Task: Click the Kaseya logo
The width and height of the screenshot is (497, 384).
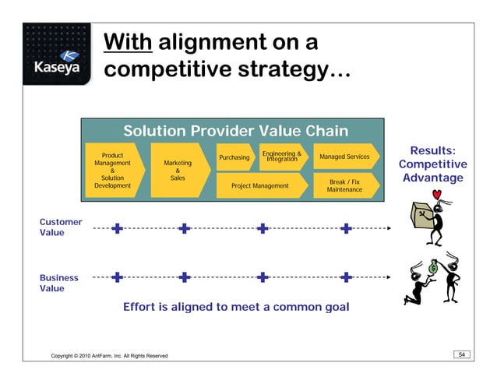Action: (55, 62)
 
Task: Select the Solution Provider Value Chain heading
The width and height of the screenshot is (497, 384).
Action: (234, 131)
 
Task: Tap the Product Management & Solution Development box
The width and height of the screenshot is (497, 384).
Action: (112, 171)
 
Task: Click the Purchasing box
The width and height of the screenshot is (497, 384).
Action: (234, 157)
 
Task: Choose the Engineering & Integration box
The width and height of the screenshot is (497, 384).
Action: (282, 157)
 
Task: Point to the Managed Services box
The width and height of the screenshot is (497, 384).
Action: (344, 157)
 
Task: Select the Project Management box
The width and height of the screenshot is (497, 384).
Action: (259, 186)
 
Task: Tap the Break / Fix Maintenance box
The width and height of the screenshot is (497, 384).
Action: (344, 185)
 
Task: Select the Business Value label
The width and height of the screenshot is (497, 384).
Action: (59, 283)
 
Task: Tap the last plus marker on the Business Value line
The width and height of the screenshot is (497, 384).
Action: (347, 277)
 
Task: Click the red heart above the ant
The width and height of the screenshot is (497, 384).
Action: (438, 193)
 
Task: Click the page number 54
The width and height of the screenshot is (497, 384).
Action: (461, 355)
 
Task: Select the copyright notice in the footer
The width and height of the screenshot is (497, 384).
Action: (109, 356)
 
